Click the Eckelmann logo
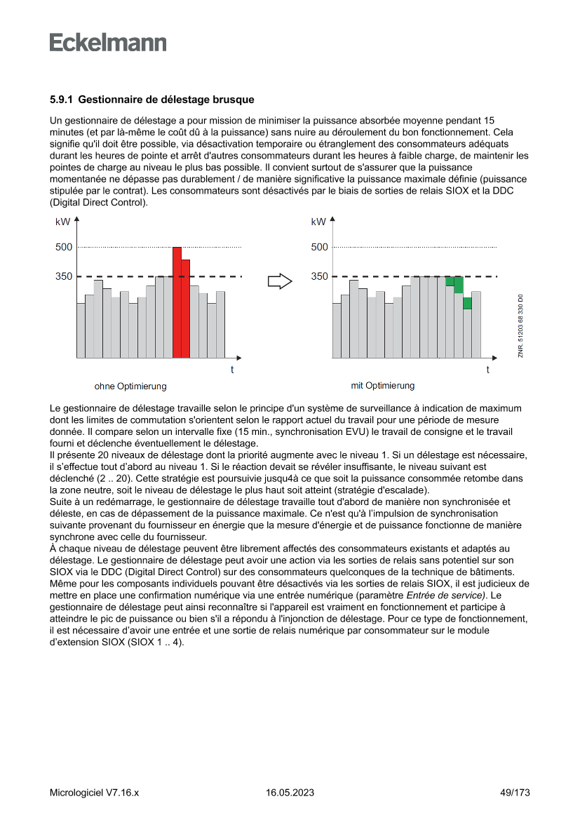tap(108, 43)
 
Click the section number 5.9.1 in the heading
tap(61, 100)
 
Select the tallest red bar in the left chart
tap(177, 302)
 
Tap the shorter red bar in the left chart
tap(186, 309)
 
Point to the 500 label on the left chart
tap(64, 247)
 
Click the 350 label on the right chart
tap(319, 276)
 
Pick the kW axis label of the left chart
tap(62, 222)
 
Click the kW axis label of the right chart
tap(318, 222)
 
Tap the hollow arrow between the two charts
tap(280, 281)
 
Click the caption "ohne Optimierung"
tap(130, 387)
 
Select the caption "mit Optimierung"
tap(382, 386)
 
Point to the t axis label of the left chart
tap(232, 370)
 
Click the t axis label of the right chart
tap(488, 370)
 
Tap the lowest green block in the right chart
tap(467, 303)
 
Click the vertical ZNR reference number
tap(520, 327)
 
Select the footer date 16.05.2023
tap(290, 793)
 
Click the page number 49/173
tap(514, 793)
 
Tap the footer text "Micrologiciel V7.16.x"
tap(94, 793)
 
